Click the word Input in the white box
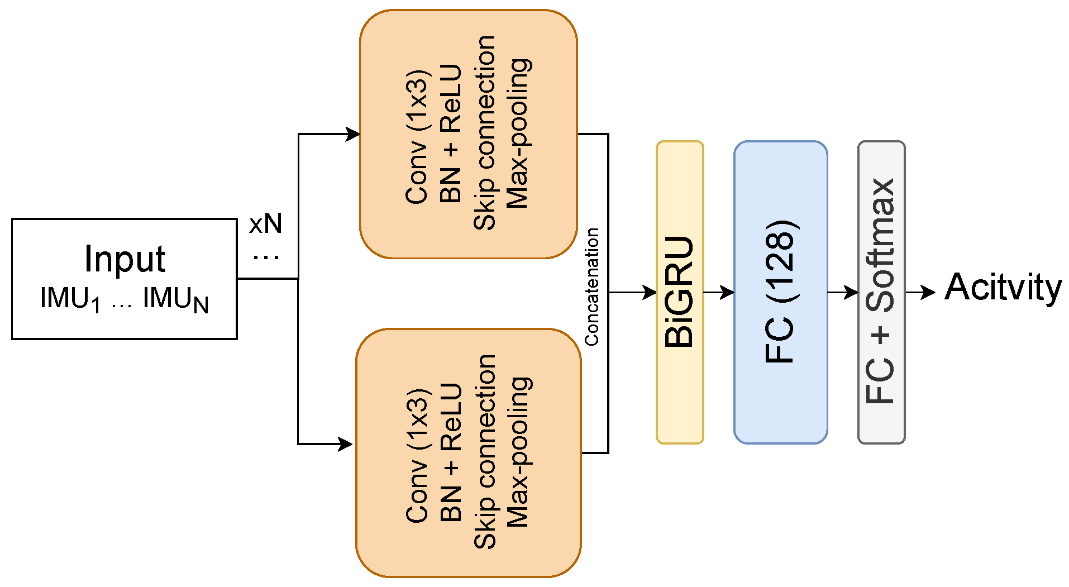pyautogui.click(x=125, y=259)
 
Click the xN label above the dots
pyautogui.click(x=265, y=224)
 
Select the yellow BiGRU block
pyautogui.click(x=679, y=292)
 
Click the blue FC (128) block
pyautogui.click(x=780, y=292)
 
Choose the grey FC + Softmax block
pyautogui.click(x=881, y=292)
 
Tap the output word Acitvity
pyautogui.click(x=1003, y=288)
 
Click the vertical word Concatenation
pyautogui.click(x=591, y=287)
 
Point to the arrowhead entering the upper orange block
pyautogui.click(x=354, y=134)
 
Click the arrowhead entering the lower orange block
pyautogui.click(x=346, y=444)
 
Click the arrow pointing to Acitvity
pyautogui.click(x=922, y=292)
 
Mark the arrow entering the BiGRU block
pyautogui.click(x=637, y=292)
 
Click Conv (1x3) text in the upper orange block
pyautogui.click(x=418, y=137)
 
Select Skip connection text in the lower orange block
pyautogui.click(x=485, y=451)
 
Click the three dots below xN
pyautogui.click(x=266, y=257)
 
